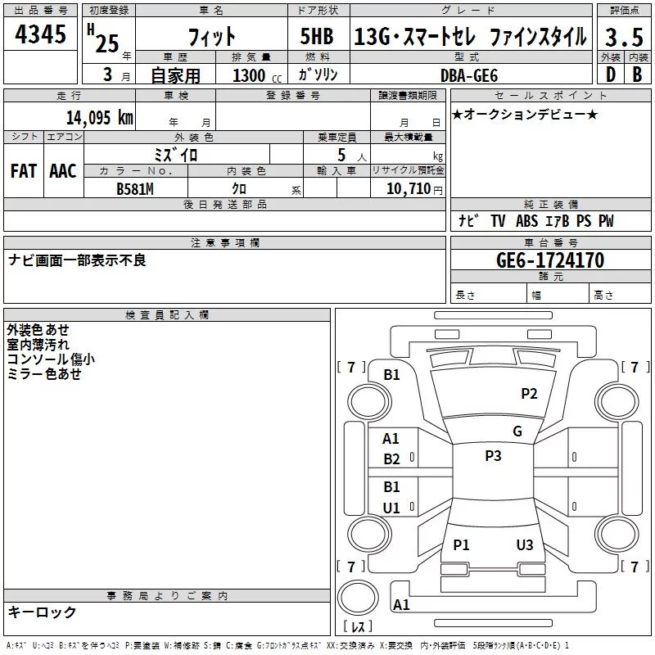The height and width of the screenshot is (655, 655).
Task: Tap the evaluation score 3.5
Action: (x=622, y=37)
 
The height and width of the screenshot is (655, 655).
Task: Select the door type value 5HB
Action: (x=316, y=37)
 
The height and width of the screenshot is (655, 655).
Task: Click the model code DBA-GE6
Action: (x=474, y=75)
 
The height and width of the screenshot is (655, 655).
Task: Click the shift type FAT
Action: (x=24, y=171)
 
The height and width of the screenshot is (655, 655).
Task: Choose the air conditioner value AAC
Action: (x=63, y=171)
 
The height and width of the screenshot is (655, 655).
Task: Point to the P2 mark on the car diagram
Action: (x=529, y=394)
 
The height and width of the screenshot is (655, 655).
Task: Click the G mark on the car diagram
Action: (x=517, y=431)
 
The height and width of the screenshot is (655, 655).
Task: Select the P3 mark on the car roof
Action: (x=493, y=456)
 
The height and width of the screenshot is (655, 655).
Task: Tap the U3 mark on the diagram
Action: (x=525, y=545)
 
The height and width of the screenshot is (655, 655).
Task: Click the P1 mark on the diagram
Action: (x=462, y=545)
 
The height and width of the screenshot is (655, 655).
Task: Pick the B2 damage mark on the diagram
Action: (x=391, y=459)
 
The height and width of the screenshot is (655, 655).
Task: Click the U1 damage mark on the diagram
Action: (x=391, y=508)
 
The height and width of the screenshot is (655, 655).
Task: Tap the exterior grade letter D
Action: (x=610, y=75)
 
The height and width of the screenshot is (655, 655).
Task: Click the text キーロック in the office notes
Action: (x=42, y=612)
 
